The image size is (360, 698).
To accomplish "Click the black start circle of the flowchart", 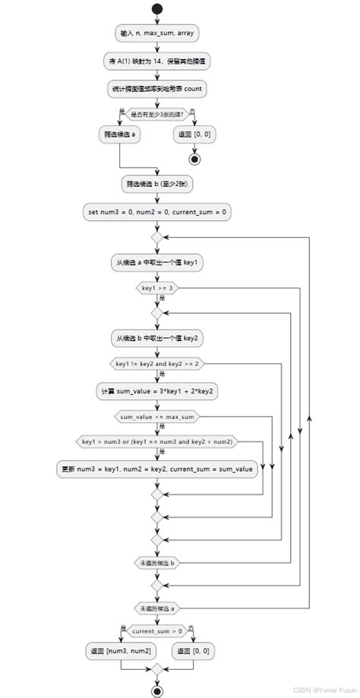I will click(x=156, y=9).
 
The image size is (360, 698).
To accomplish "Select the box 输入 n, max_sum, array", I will click(x=156, y=33).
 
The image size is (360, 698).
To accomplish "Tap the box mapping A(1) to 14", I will click(x=156, y=62).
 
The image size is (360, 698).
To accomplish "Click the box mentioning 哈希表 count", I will click(x=156, y=89).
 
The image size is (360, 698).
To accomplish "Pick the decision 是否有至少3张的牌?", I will click(x=156, y=115).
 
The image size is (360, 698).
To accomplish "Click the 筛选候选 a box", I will click(x=120, y=134).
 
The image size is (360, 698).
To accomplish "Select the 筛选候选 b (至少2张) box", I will click(x=156, y=183).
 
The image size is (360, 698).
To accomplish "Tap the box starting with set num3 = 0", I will click(x=156, y=212).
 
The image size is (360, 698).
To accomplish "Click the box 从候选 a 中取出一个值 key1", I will click(x=156, y=262).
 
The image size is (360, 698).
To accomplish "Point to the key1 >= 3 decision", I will click(x=156, y=289).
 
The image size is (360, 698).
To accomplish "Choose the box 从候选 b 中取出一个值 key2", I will click(x=156, y=338).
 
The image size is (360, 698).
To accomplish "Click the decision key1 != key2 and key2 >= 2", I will click(x=156, y=365).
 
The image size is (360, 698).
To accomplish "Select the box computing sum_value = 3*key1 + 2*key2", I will click(x=156, y=390).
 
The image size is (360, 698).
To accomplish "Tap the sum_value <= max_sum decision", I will click(x=156, y=417).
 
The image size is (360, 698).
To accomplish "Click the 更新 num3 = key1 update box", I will click(x=156, y=469).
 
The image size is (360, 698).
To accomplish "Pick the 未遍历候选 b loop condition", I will click(x=156, y=563).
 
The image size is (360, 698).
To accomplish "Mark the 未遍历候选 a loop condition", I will click(x=156, y=609).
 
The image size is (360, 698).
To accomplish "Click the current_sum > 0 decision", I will click(x=156, y=631).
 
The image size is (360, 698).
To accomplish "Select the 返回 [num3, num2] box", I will click(x=120, y=651).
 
